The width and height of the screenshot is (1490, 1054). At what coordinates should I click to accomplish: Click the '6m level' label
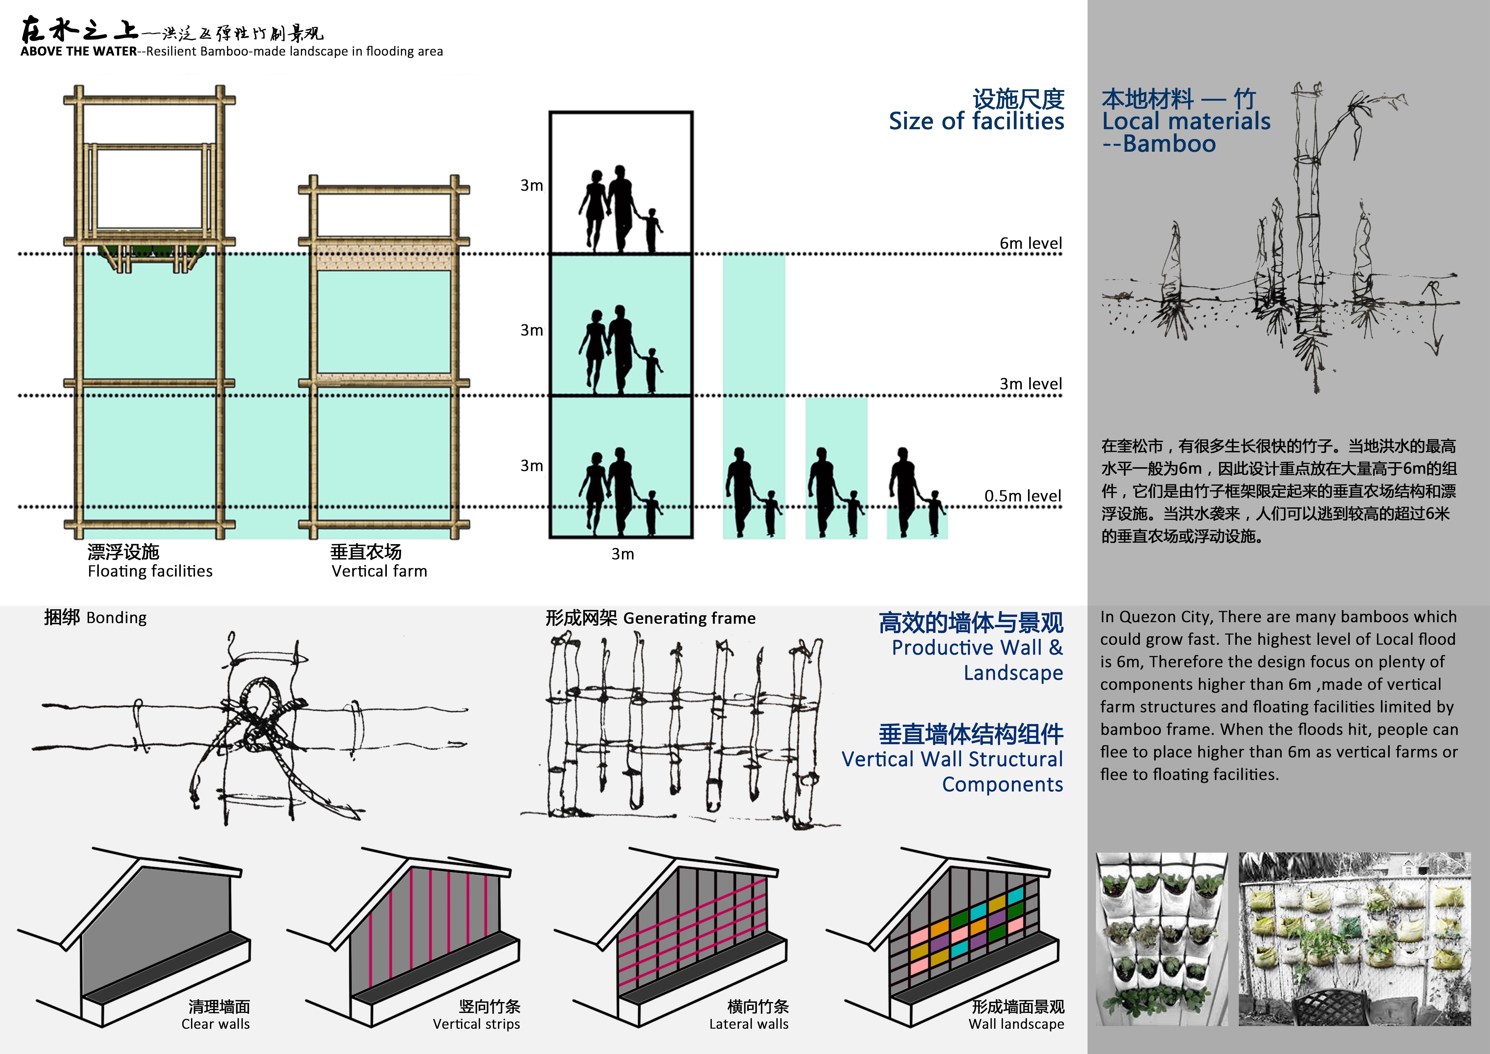pyautogui.click(x=1030, y=243)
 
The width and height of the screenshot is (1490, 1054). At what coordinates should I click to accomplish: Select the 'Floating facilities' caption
pyautogui.click(x=150, y=571)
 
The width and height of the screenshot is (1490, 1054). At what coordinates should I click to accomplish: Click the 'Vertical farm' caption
pyautogui.click(x=380, y=571)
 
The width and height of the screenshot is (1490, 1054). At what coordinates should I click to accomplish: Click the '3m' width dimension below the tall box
pyautogui.click(x=622, y=554)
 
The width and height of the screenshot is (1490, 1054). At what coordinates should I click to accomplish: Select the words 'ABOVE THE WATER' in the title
pyautogui.click(x=78, y=51)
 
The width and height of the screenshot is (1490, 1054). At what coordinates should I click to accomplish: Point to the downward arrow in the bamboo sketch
pyautogui.click(x=1434, y=318)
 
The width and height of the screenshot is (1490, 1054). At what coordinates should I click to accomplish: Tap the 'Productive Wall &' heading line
pyautogui.click(x=977, y=648)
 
